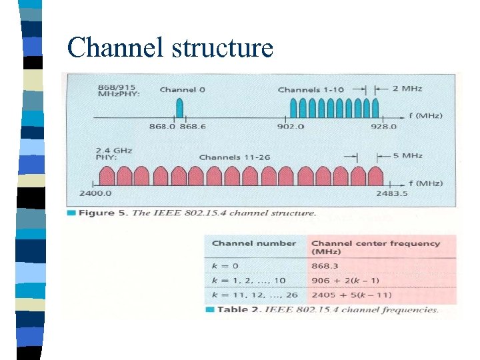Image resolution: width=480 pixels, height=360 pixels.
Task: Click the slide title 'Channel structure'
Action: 170,48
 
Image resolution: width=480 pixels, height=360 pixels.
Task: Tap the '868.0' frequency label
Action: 162,126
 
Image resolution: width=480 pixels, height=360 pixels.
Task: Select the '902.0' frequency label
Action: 291,126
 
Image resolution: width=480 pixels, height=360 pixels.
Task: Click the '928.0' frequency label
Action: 383,126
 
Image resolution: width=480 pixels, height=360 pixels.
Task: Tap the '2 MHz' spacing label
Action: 407,89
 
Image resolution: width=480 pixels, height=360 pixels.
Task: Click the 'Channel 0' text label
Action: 178,89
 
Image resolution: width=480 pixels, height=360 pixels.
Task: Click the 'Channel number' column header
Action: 253,243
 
